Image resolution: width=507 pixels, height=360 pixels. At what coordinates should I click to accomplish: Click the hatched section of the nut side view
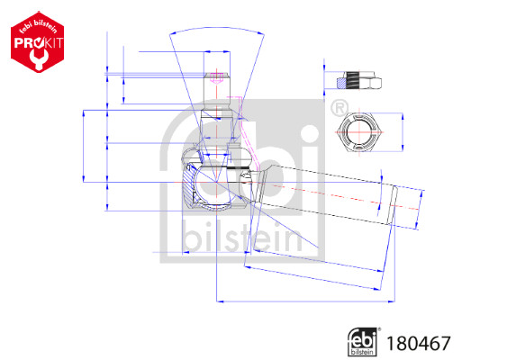tap(340, 83)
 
